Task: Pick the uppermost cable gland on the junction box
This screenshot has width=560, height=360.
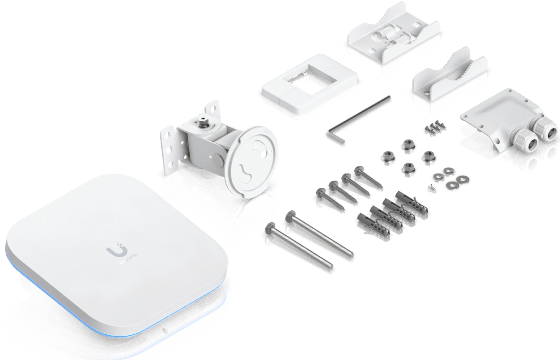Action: tap(542, 127)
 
